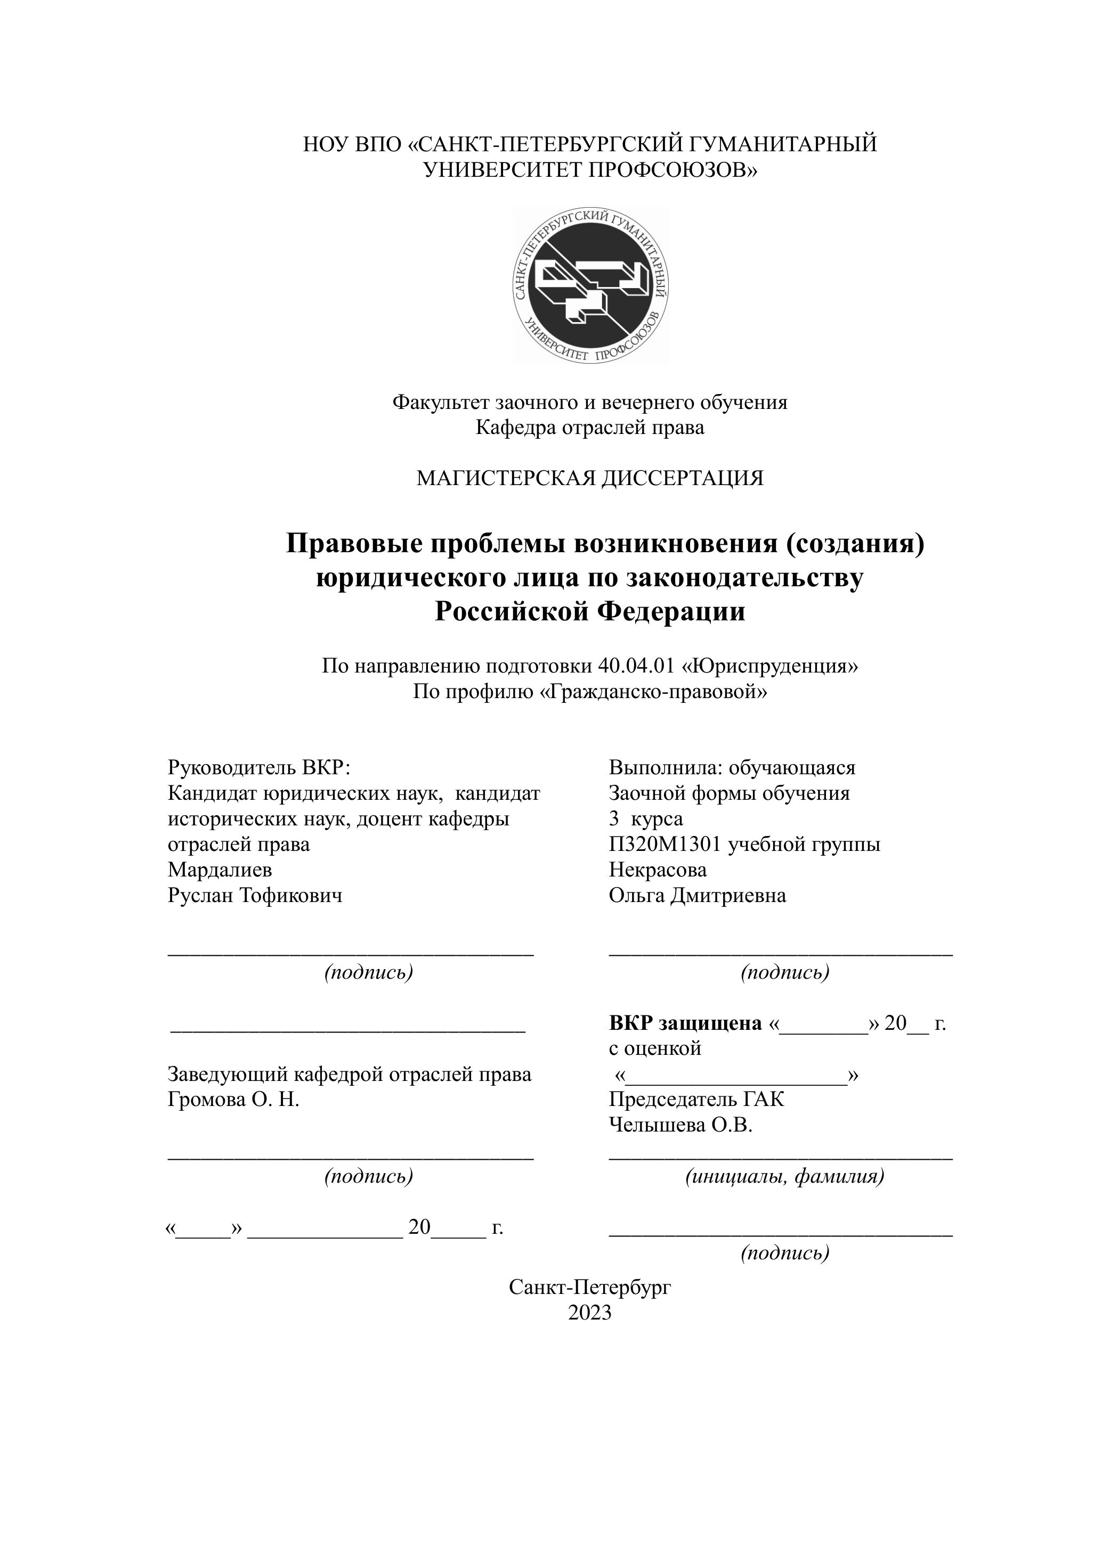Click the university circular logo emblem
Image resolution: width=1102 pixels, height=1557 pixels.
tap(590, 285)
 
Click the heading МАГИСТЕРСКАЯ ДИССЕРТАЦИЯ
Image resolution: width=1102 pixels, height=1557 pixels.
tap(590, 478)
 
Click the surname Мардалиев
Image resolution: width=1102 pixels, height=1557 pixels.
tap(220, 870)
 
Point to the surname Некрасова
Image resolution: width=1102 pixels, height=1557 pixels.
tap(658, 870)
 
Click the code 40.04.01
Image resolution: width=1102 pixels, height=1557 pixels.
tap(636, 666)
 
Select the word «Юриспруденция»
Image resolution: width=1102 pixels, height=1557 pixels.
tap(769, 666)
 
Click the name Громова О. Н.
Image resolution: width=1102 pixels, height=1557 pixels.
tap(233, 1099)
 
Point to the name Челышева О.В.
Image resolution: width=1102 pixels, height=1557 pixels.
tap(680, 1125)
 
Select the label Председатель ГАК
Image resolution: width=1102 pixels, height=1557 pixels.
tap(696, 1099)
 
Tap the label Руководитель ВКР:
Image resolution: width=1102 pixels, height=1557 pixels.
tap(258, 768)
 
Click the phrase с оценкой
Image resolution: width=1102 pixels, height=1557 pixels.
tap(655, 1048)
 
